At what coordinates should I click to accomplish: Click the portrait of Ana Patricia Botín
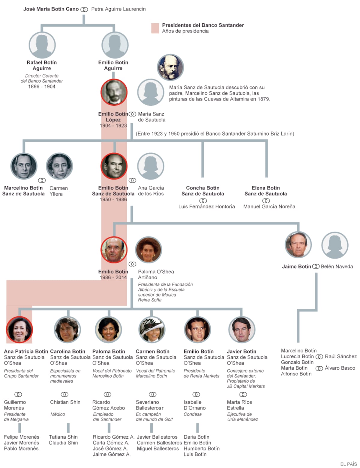coord(19,329)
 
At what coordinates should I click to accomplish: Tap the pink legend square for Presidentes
coord(155,28)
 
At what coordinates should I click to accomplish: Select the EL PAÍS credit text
coord(348,464)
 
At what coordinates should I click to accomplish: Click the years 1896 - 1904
coord(42,87)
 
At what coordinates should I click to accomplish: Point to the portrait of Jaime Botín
coord(298,245)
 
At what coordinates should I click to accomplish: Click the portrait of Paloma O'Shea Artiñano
coord(148,250)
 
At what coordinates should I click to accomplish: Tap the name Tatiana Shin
coord(63,437)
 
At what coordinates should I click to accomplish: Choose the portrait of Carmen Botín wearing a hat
coord(151,329)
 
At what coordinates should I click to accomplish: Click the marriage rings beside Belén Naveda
coord(316,266)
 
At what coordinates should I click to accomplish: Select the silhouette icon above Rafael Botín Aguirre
coord(42,45)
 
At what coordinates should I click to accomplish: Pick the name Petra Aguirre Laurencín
coord(118,9)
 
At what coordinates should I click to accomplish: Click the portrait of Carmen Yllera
coord(59,166)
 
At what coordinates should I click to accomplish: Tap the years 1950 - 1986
coord(113,199)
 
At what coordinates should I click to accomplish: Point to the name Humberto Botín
coord(202,448)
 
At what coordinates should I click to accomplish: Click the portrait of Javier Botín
coord(242,329)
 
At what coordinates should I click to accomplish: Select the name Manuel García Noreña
coord(269,206)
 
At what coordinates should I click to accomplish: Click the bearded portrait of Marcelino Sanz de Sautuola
coord(170,67)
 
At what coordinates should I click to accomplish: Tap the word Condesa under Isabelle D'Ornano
coord(193,414)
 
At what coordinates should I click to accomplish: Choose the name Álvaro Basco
coord(340,368)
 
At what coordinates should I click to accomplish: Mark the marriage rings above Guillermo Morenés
coord(18,394)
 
